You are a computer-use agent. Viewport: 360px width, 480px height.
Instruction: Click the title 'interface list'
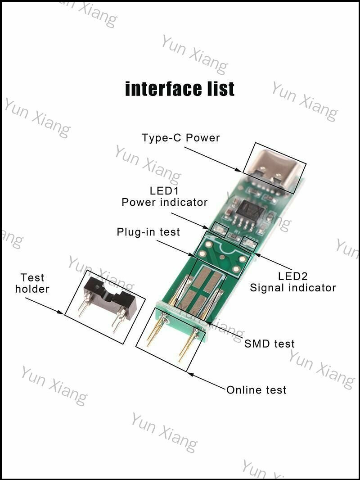point(180,89)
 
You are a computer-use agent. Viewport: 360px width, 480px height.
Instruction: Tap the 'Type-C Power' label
point(181,138)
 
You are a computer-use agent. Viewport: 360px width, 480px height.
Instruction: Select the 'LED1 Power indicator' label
point(165,196)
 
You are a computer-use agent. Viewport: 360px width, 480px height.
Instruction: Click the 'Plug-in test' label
point(148,232)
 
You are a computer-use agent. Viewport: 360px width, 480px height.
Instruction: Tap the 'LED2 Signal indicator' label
point(292,282)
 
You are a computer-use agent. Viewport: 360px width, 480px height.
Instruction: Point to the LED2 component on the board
point(249,242)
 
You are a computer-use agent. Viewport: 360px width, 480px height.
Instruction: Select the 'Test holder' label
point(32,283)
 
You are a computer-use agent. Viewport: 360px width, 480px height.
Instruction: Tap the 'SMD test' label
point(270,344)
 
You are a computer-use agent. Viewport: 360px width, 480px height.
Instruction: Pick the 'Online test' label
point(256,389)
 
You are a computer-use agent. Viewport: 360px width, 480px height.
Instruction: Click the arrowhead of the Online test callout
point(190,374)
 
